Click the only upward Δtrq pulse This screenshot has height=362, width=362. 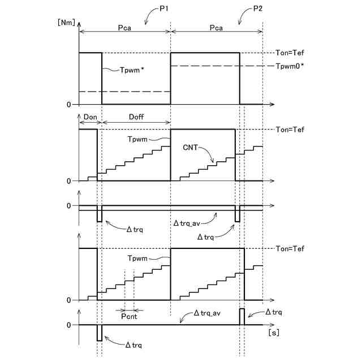pyautogui.click(x=242, y=317)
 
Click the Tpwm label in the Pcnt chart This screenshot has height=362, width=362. pyautogui.click(x=137, y=258)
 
